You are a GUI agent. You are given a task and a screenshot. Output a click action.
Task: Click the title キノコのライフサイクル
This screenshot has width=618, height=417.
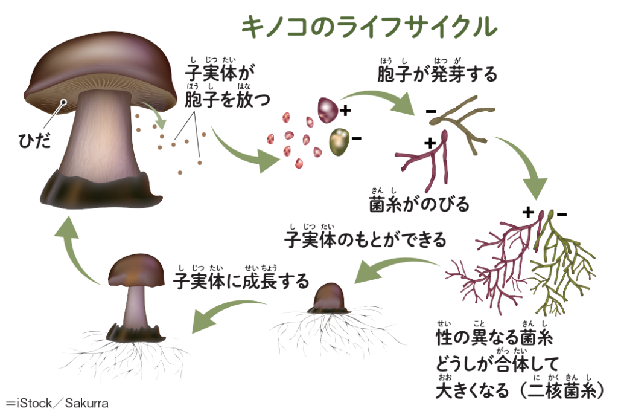click(369, 27)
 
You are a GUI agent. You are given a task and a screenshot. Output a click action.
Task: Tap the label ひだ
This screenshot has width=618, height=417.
click(34, 140)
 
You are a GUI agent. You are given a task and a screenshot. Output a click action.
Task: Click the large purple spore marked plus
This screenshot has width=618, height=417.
click(328, 110)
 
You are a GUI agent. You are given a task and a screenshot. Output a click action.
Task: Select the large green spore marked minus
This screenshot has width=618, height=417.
click(339, 141)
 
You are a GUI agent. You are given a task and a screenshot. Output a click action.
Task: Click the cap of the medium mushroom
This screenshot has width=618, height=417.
click(136, 271)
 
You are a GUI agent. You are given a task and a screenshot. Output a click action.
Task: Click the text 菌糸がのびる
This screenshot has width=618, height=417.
click(419, 204)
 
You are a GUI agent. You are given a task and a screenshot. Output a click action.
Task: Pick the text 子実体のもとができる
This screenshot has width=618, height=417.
click(365, 240)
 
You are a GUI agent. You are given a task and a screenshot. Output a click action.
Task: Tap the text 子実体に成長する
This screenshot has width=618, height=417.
click(241, 281)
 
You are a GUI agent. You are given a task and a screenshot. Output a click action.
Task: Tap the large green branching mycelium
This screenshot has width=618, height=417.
click(562, 264)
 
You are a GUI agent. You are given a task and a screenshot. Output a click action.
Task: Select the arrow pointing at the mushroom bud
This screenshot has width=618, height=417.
click(394, 268)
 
